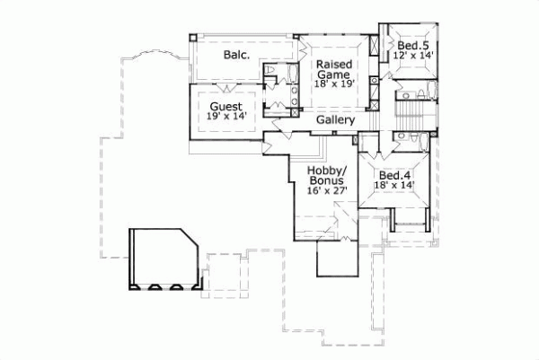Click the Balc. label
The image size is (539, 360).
[x=236, y=55]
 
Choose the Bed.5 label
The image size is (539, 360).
[x=413, y=45]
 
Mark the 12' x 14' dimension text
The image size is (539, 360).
[x=413, y=56]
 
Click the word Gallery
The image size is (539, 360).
[x=336, y=120]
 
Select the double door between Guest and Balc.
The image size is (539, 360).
[x=225, y=86]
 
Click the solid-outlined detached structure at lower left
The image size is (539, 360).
[x=164, y=259]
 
